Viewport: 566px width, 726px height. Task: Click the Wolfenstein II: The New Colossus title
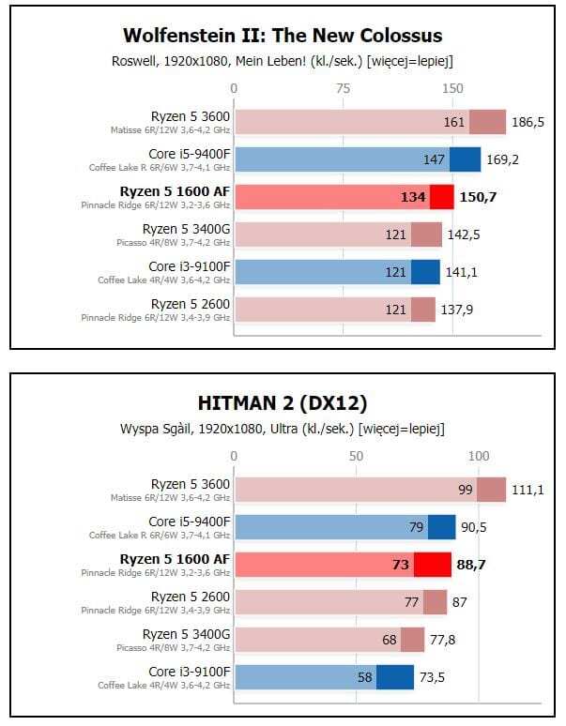click(x=283, y=37)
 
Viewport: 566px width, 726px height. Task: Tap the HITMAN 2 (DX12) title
click(x=283, y=403)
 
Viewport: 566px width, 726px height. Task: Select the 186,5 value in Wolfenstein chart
click(x=528, y=122)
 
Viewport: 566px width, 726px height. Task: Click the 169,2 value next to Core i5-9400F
click(x=502, y=159)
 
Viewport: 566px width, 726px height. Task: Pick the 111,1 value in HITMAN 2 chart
click(x=528, y=490)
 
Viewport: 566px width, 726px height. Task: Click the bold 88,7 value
click(x=476, y=565)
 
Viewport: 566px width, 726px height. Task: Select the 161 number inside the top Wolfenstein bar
click(x=454, y=122)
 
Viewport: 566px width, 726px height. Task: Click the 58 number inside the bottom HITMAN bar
click(x=364, y=677)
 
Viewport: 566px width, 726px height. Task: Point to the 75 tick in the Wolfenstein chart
click(x=344, y=88)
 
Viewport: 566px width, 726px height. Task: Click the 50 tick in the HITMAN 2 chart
click(x=356, y=456)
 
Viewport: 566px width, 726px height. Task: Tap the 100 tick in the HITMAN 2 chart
click(x=479, y=456)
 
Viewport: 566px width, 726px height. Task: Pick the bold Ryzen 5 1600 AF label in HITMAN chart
click(x=175, y=559)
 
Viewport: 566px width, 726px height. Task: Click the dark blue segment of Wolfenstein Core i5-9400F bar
click(x=465, y=159)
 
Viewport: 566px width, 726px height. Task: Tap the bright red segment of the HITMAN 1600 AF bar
click(x=433, y=565)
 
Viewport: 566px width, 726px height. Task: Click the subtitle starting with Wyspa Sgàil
click(x=283, y=429)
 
